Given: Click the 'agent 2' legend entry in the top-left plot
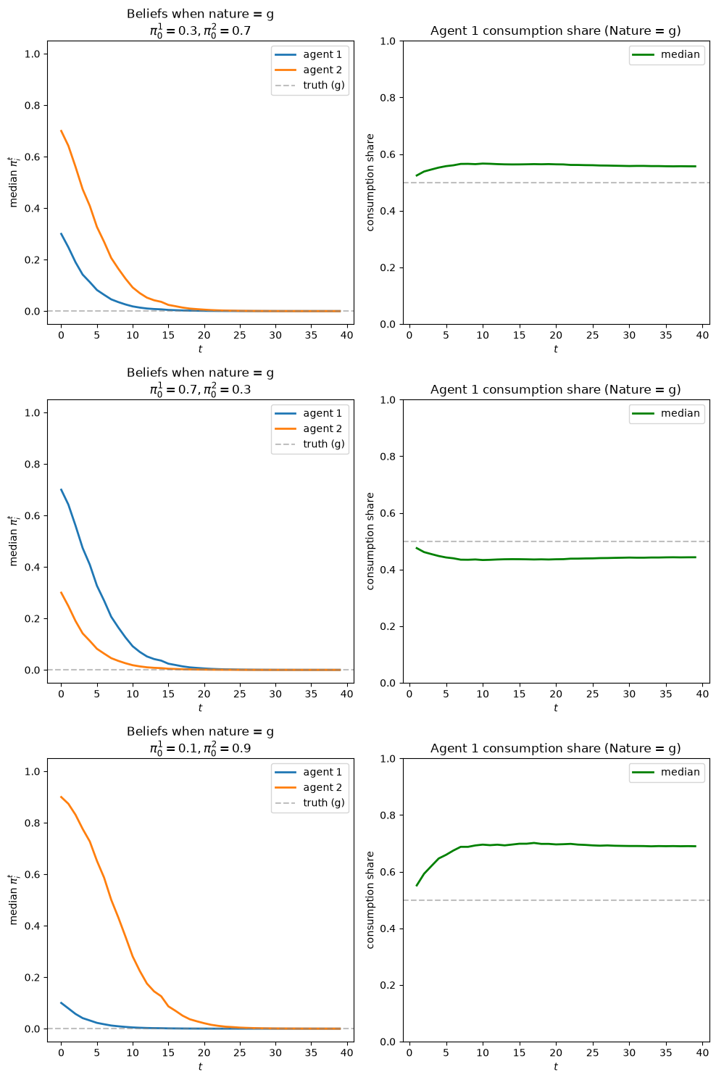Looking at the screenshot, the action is pyautogui.click(x=309, y=70).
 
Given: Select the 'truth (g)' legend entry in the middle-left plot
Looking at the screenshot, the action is pyautogui.click(x=309, y=444).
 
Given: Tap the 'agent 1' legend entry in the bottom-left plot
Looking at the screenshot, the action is pyautogui.click(x=309, y=772).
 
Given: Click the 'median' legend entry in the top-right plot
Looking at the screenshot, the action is pyautogui.click(x=666, y=54).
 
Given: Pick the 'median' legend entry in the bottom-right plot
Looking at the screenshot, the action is pyautogui.click(x=666, y=772).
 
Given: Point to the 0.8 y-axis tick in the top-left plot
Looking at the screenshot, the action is pyautogui.click(x=33, y=105).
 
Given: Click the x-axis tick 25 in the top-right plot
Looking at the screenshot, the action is pyautogui.click(x=592, y=335).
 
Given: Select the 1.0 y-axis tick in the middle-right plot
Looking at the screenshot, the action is pyautogui.click(x=388, y=399).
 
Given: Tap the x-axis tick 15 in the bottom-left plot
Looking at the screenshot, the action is pyautogui.click(x=168, y=1052).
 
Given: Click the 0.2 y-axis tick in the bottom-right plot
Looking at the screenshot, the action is pyautogui.click(x=388, y=985).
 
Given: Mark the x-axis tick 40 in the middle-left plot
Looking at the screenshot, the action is pyautogui.click(x=346, y=694).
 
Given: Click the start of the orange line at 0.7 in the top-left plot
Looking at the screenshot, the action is pyautogui.click(x=61, y=130).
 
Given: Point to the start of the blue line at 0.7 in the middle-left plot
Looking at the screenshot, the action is pyautogui.click(x=61, y=489).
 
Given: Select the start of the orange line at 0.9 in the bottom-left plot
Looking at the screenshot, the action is pyautogui.click(x=61, y=797).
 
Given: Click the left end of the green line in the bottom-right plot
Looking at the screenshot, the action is pyautogui.click(x=417, y=885).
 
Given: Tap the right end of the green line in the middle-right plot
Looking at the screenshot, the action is pyautogui.click(x=695, y=557).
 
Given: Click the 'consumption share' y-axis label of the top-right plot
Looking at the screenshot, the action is pyautogui.click(x=370, y=182).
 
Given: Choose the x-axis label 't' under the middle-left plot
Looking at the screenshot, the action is pyautogui.click(x=200, y=707).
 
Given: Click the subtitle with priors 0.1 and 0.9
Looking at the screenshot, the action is pyautogui.click(x=200, y=748).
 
